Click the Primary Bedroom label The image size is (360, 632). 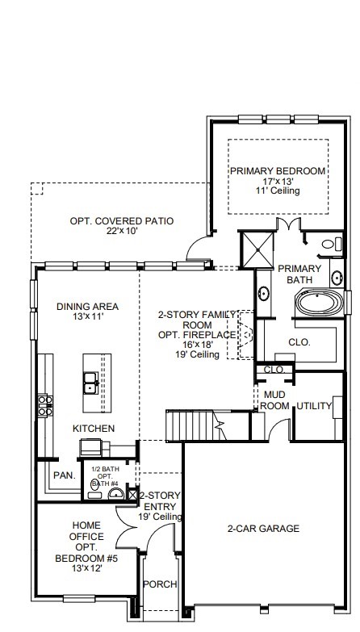tap(278, 171)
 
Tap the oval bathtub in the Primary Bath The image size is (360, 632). tap(319, 303)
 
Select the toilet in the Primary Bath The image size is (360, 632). tap(332, 245)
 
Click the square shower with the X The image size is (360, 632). tap(257, 250)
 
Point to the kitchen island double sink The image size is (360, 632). tap(90, 383)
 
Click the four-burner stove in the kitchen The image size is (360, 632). tap(45, 405)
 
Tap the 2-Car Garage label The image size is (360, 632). tap(263, 529)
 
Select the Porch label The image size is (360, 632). tap(160, 584)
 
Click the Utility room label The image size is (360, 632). tap(314, 406)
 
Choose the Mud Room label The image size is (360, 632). tap(274, 400)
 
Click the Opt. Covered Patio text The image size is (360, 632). tap(122, 221)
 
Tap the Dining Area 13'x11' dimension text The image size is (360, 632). tap(87, 316)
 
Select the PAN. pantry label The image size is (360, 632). tap(65, 475)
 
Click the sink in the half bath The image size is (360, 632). tap(116, 493)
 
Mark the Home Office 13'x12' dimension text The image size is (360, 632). tap(87, 569)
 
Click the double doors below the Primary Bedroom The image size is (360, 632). tap(289, 224)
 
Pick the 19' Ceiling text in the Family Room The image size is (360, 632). tap(198, 354)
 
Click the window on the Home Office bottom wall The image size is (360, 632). tap(79, 599)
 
